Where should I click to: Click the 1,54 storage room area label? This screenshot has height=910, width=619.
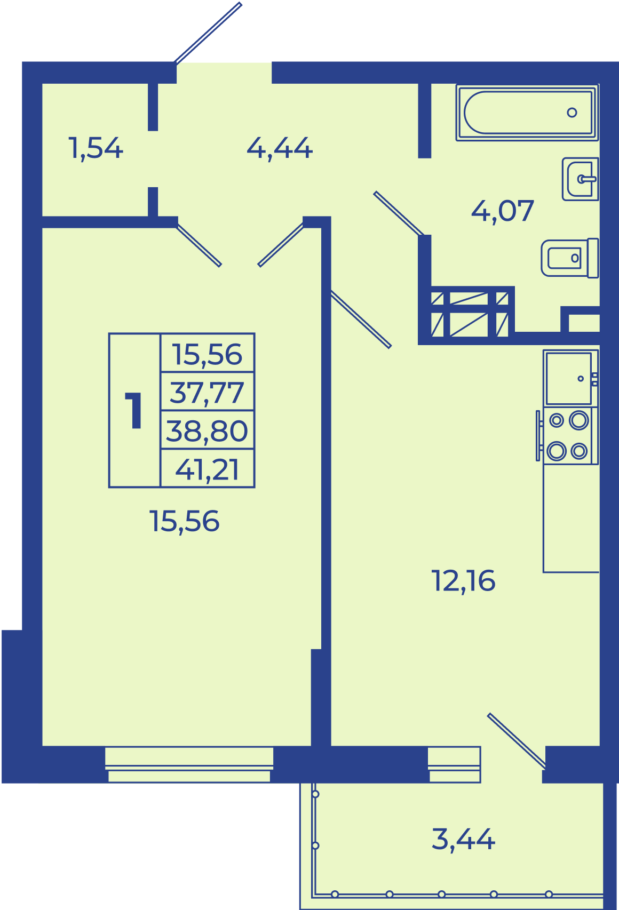[96, 148]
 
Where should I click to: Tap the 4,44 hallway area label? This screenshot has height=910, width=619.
[280, 148]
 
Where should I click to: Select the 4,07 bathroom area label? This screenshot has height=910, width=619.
[502, 211]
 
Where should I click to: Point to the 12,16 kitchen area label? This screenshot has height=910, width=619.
[463, 581]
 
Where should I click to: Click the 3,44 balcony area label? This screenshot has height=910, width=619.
[463, 840]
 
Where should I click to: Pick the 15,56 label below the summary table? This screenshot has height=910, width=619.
[185, 522]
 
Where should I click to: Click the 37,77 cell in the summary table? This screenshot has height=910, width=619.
[207, 393]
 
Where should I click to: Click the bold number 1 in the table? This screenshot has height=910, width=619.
[134, 410]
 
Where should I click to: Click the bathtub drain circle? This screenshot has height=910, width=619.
[572, 113]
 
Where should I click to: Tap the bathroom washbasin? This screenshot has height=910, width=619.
[581, 179]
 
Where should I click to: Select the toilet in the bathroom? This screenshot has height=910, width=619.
[570, 258]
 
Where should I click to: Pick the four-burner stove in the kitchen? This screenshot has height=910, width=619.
[568, 436]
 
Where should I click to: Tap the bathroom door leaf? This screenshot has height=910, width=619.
[399, 214]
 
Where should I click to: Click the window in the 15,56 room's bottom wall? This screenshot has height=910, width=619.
[189, 764]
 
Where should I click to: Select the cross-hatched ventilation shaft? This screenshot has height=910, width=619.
[470, 314]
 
